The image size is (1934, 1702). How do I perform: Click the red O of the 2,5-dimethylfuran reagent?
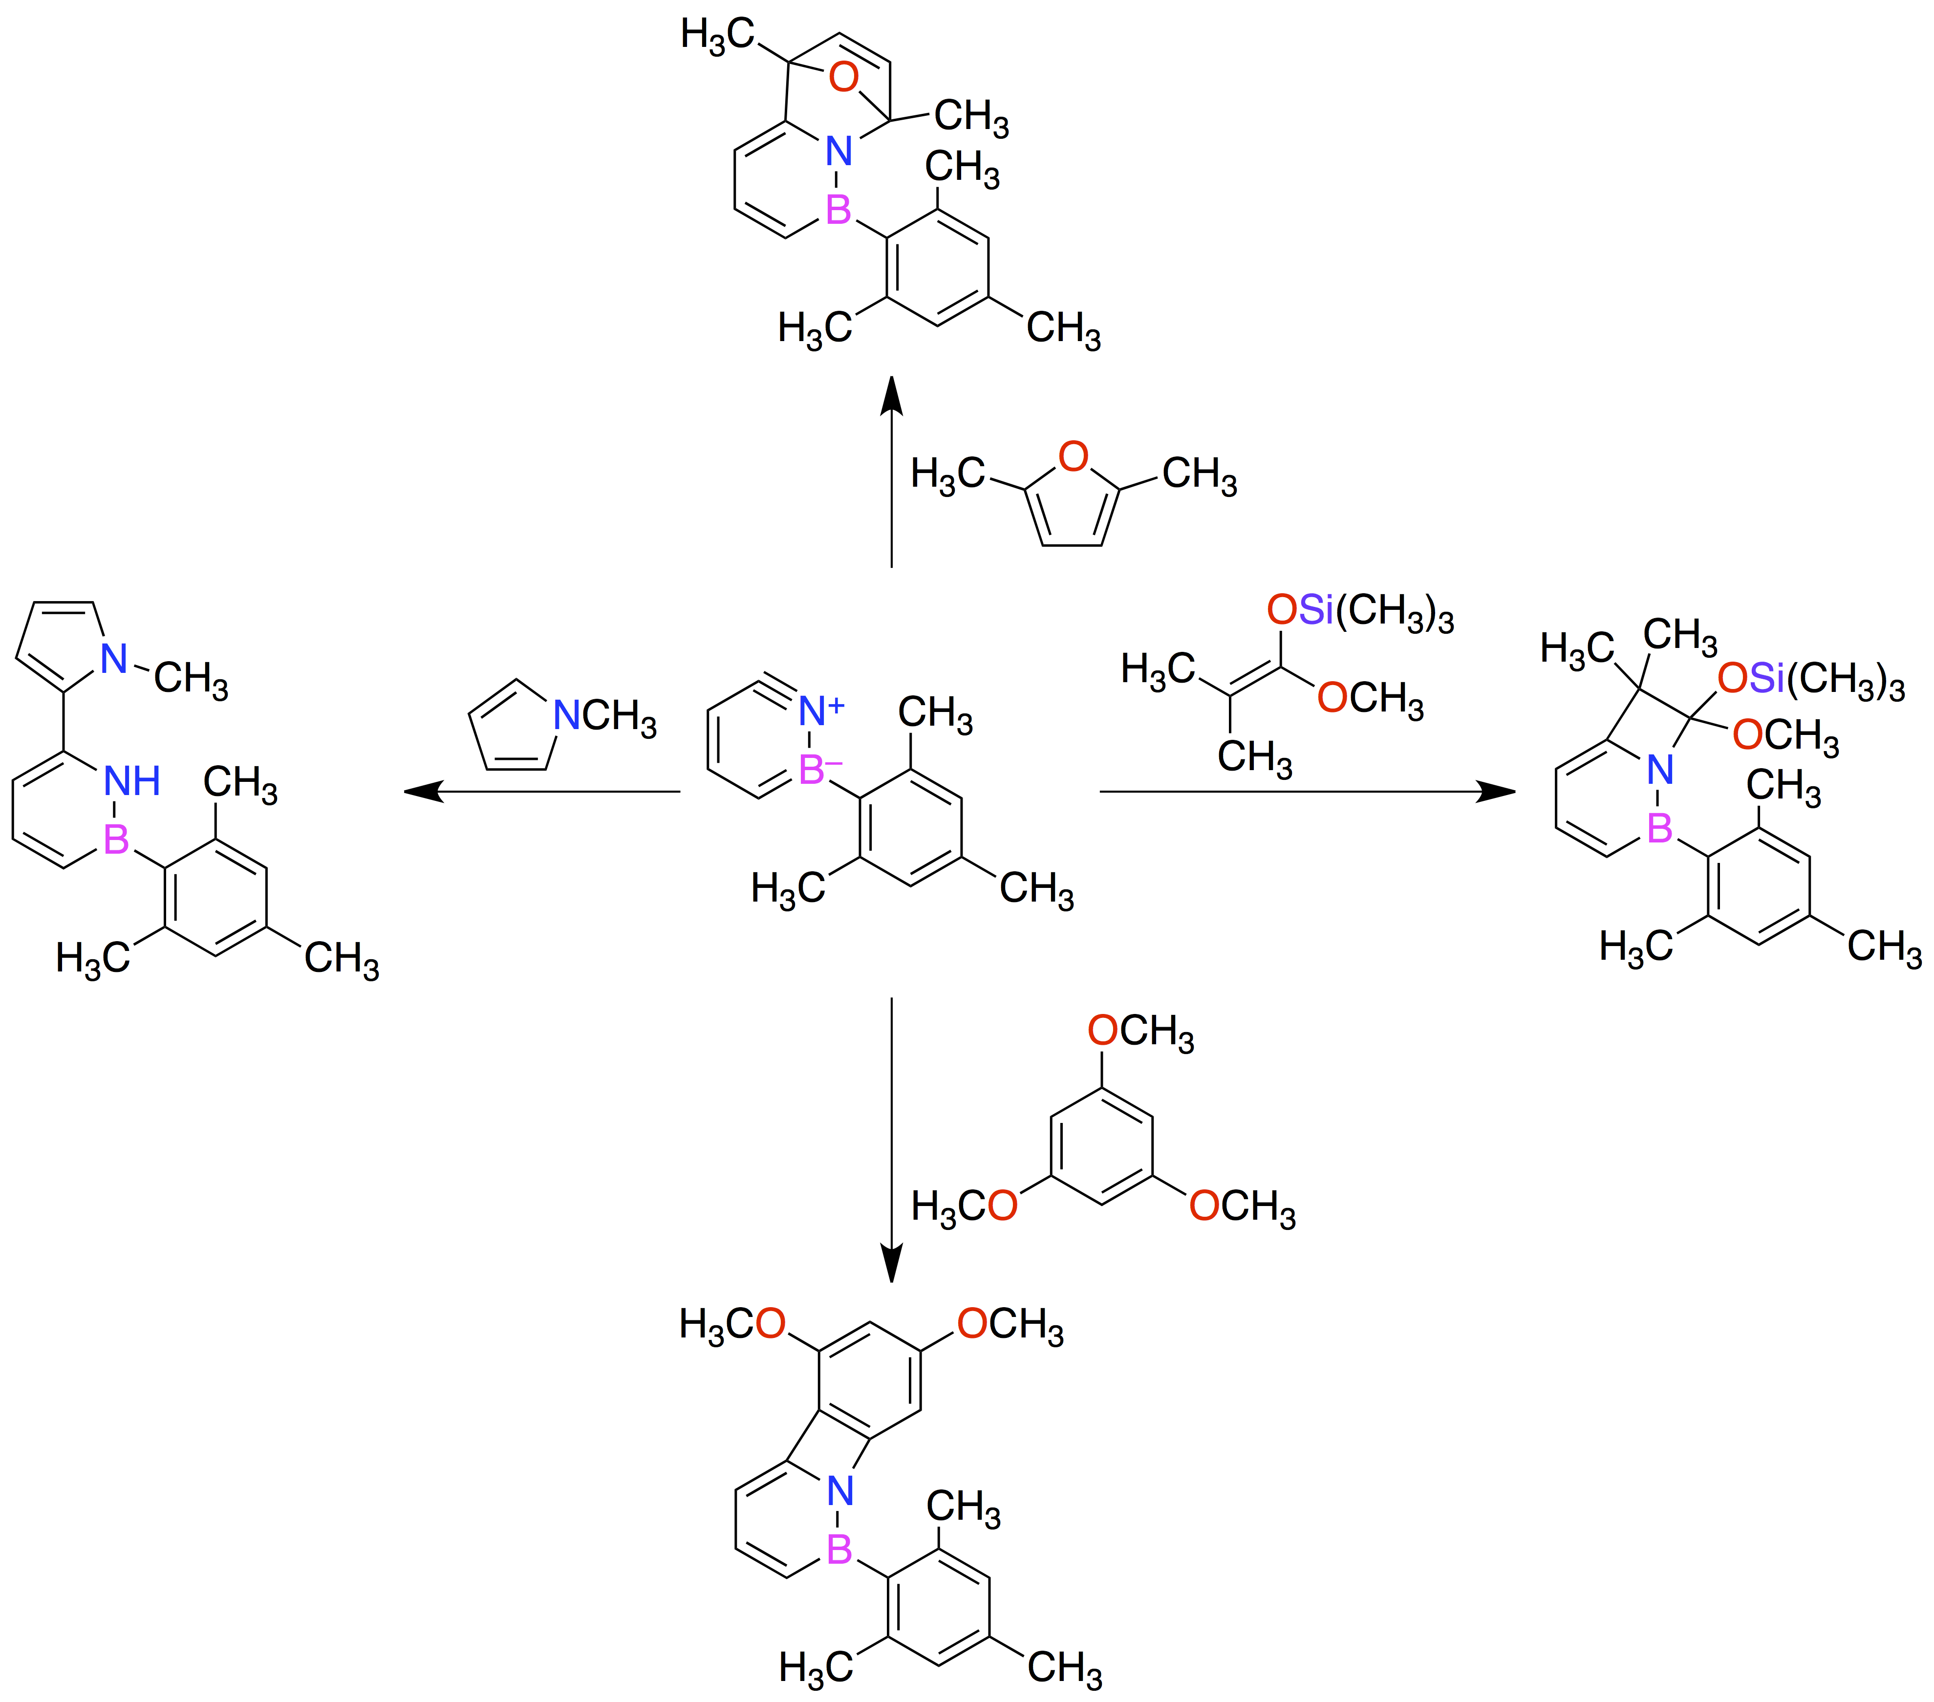(1073, 457)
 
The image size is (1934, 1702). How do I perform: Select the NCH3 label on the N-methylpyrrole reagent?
(603, 715)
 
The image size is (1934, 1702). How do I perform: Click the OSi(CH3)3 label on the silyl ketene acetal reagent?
(1360, 611)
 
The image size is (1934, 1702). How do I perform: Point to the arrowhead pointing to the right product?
(1496, 791)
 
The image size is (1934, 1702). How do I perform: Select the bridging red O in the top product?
(843, 78)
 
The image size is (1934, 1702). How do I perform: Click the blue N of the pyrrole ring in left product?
(114, 659)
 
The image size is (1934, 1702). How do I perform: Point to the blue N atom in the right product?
(1660, 770)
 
